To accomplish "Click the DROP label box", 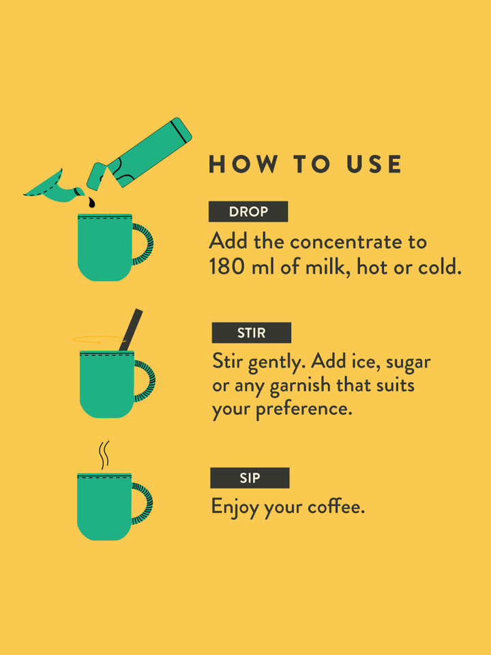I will (x=248, y=212).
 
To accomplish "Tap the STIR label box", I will (x=252, y=333).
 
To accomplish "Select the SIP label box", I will (x=250, y=478).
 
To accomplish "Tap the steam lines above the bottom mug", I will (x=104, y=455).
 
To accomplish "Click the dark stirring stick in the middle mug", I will (x=131, y=330).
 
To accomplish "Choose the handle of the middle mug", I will (x=145, y=381).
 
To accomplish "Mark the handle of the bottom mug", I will (x=143, y=504).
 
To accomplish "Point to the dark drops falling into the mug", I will (x=91, y=203).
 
